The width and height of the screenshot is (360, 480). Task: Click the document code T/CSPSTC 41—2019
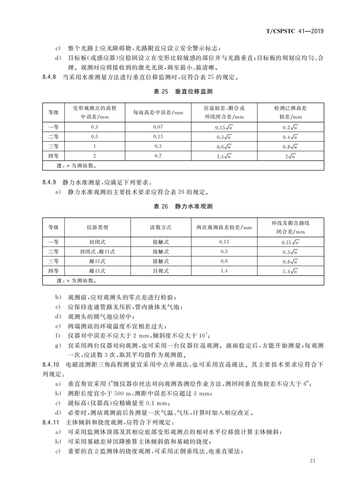[295, 31]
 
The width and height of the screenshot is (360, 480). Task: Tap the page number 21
[312, 460]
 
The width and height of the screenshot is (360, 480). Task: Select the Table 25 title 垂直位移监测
[194, 91]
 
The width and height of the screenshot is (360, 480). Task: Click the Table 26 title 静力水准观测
[194, 206]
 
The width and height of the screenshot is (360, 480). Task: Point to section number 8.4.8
[49, 77]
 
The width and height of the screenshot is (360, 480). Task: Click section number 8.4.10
[51, 365]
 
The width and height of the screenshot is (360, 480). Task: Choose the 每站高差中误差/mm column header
[158, 113]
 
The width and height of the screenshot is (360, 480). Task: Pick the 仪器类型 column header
[97, 227]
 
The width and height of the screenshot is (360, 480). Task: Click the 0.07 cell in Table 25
[158, 127]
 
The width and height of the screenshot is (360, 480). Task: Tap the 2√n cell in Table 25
[290, 156]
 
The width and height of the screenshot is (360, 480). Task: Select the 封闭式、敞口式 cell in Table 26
[97, 252]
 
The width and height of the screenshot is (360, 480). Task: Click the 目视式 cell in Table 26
[161, 271]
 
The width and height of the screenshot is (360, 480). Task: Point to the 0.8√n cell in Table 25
[290, 147]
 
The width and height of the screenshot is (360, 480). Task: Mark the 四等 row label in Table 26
[53, 271]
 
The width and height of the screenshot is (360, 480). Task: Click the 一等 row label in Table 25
[53, 127]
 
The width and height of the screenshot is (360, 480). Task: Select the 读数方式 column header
[161, 227]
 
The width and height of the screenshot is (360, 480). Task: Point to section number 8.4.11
[51, 422]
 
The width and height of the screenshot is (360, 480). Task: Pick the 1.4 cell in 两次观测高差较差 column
[224, 271]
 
